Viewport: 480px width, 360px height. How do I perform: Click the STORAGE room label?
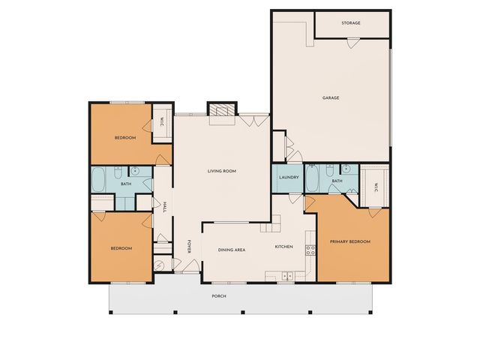351,23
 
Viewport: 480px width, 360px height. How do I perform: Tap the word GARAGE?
331,97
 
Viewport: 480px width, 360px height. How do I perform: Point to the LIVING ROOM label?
222,171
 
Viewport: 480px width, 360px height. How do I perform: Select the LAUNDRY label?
289,178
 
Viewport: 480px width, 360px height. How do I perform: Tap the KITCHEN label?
283,246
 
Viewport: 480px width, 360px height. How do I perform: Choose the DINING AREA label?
232,249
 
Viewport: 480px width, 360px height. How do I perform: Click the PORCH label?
219,296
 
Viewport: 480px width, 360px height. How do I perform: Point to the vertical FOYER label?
189,246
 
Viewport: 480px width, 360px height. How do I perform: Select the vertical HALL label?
164,206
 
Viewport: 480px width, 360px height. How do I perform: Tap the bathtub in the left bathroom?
99,179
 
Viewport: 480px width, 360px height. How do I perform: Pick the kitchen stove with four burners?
308,249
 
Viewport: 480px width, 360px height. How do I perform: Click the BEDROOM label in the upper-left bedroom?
124,138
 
